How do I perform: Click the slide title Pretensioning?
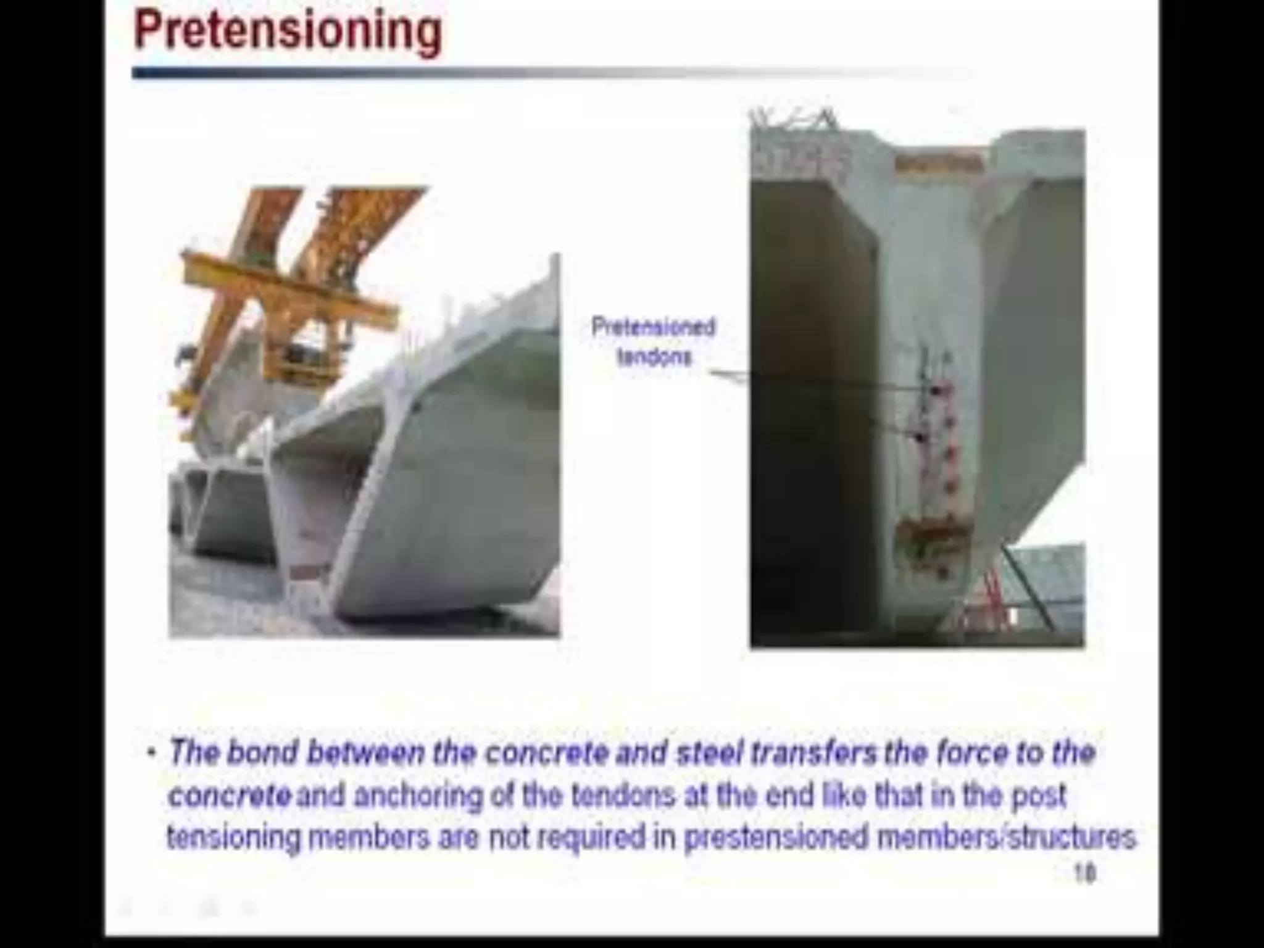tap(288, 31)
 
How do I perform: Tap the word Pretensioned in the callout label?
tap(653, 327)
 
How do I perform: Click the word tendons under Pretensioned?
tap(654, 357)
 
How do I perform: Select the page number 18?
tap(1084, 873)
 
